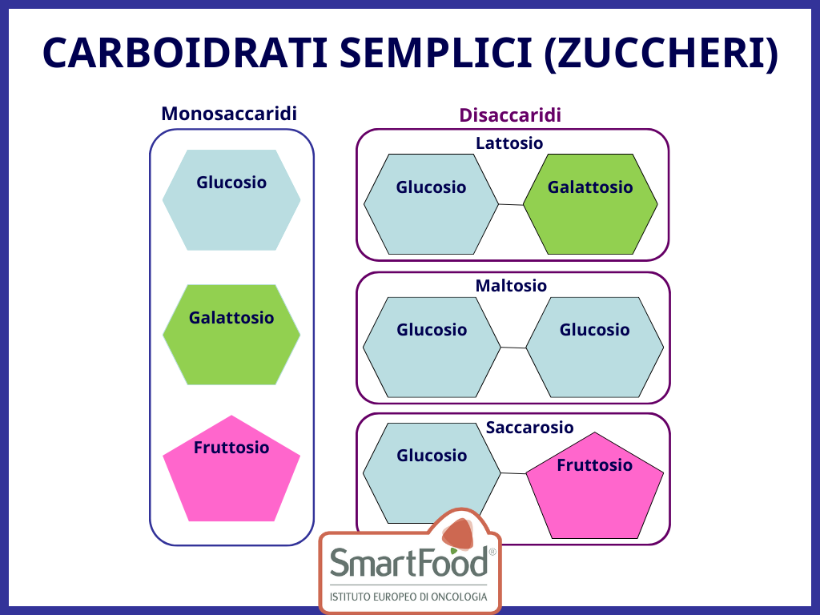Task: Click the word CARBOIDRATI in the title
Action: click(x=185, y=54)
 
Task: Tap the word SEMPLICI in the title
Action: click(x=436, y=54)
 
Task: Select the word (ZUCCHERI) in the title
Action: click(x=661, y=54)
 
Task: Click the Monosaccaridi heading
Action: click(x=229, y=114)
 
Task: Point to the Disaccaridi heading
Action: click(x=510, y=115)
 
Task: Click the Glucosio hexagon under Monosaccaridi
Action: click(x=231, y=199)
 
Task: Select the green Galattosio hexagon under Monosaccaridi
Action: click(x=231, y=335)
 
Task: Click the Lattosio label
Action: click(x=509, y=143)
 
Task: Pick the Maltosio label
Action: click(x=511, y=286)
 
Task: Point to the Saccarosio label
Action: click(x=530, y=428)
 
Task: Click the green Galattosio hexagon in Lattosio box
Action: click(x=590, y=204)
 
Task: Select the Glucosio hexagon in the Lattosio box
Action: click(x=431, y=204)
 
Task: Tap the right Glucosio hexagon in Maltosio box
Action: click(x=595, y=348)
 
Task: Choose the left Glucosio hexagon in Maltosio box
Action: click(x=432, y=348)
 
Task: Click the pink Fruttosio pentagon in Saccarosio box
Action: click(x=595, y=486)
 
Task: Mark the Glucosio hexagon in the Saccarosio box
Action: click(x=432, y=473)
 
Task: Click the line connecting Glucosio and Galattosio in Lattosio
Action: click(x=511, y=204)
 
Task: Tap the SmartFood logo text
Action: click(x=409, y=563)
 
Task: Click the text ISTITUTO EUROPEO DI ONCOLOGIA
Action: click(x=408, y=597)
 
